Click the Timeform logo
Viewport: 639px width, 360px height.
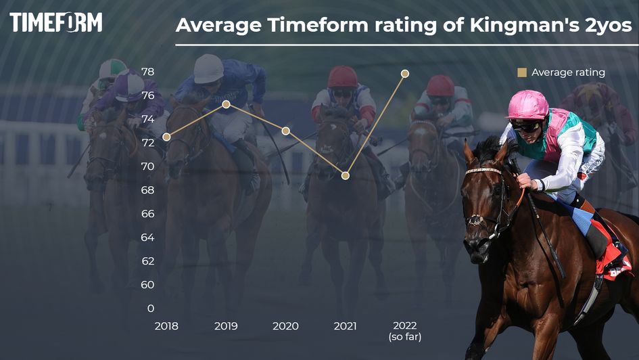[x=56, y=22]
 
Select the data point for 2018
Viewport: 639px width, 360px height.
[x=166, y=137]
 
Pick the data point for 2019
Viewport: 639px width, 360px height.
[x=227, y=104]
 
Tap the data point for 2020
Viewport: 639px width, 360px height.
[x=285, y=131]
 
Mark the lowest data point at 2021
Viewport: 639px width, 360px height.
[x=345, y=176]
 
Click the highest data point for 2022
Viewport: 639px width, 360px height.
[x=404, y=73]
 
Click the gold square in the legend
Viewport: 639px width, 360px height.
[x=521, y=72]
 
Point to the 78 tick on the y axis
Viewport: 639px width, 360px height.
[x=147, y=72]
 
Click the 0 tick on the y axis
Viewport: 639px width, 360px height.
[x=150, y=309]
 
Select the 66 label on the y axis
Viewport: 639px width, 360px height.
[x=147, y=214]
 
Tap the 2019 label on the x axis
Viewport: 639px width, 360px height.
[x=226, y=326]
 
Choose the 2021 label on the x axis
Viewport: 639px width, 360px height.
[x=345, y=326]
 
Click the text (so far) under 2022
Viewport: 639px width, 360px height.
[x=404, y=336]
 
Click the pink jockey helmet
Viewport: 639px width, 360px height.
[x=527, y=105]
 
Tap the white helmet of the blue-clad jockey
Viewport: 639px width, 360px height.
[x=208, y=68]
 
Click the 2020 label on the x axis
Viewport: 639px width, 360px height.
[x=285, y=326]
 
